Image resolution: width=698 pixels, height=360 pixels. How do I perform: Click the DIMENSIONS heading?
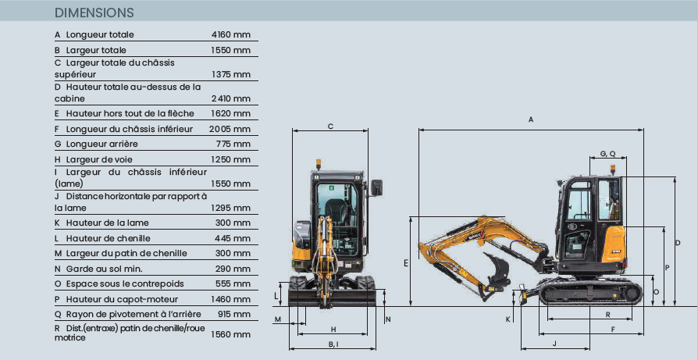(94, 13)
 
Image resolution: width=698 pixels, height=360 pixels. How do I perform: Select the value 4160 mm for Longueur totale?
(230, 35)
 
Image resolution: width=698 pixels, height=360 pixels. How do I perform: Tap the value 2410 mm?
(230, 99)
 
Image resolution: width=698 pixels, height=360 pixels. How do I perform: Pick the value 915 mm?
(234, 314)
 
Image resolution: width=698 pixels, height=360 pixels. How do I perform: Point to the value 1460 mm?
(230, 299)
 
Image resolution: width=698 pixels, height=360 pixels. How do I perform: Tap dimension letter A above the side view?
(531, 119)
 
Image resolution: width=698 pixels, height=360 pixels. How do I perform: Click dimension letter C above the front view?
(330, 126)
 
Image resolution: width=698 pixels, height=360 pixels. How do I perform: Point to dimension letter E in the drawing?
(406, 264)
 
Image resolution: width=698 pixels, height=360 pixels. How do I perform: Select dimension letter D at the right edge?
(678, 243)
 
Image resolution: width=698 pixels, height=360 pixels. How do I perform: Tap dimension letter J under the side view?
(554, 343)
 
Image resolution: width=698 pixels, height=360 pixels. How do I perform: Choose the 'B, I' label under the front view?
(333, 344)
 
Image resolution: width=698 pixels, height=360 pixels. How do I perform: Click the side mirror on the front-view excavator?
(379, 187)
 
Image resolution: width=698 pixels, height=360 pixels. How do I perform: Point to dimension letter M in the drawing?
(278, 320)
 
